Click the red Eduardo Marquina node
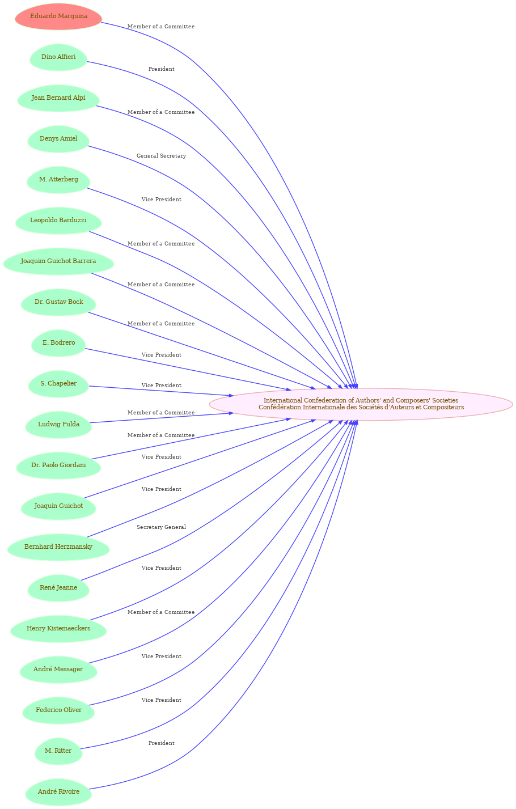[58, 16]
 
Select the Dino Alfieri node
[58, 57]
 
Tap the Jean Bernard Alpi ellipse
[58, 98]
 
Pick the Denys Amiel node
[58, 139]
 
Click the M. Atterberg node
[58, 180]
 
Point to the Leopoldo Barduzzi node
[58, 221]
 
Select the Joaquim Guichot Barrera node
[58, 261]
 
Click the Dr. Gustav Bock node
[58, 302]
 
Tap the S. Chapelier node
[58, 384]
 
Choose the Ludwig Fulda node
[58, 425]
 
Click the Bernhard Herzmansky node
[58, 547]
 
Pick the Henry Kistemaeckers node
[58, 628]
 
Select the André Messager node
[58, 669]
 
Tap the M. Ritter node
[58, 751]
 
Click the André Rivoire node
[58, 791]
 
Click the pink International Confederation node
[361, 404]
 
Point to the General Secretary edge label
[161, 156]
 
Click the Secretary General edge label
[161, 527]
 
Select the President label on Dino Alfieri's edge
[161, 69]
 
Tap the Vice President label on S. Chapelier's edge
[161, 386]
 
